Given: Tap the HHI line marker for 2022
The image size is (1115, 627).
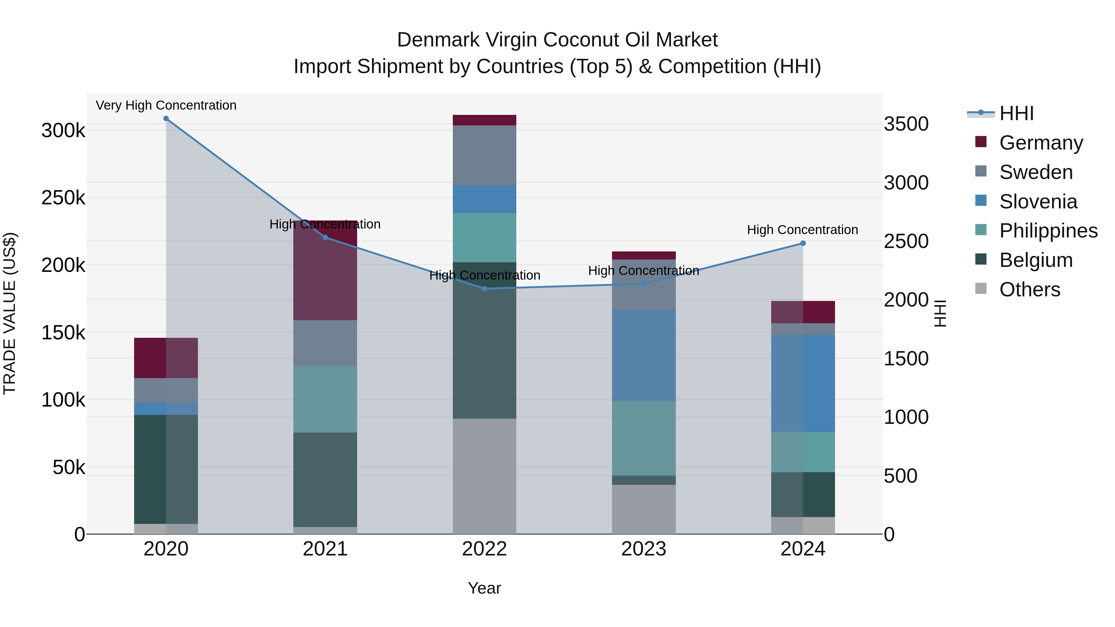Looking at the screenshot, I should tap(484, 289).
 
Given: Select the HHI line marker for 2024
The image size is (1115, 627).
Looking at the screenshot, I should tap(803, 243).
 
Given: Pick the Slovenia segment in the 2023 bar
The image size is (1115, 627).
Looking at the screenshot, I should tap(644, 355).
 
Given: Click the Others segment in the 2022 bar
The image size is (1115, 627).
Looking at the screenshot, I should tap(484, 476).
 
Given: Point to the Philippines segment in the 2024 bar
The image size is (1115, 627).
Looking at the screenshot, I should tap(803, 452).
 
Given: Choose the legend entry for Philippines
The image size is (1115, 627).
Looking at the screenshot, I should tap(1047, 231).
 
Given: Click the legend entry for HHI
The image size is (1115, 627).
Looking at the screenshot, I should tap(1016, 113).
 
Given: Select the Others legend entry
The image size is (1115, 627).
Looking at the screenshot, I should tap(1029, 290).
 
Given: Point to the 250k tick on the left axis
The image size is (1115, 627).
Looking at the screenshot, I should tap(63, 198).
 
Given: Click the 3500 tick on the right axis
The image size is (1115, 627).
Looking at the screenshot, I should tap(906, 124).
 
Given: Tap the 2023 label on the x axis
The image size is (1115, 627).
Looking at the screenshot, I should tap(644, 549).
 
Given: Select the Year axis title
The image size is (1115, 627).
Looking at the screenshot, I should tap(484, 588).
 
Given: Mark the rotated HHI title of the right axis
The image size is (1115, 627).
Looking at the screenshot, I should tap(940, 313).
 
